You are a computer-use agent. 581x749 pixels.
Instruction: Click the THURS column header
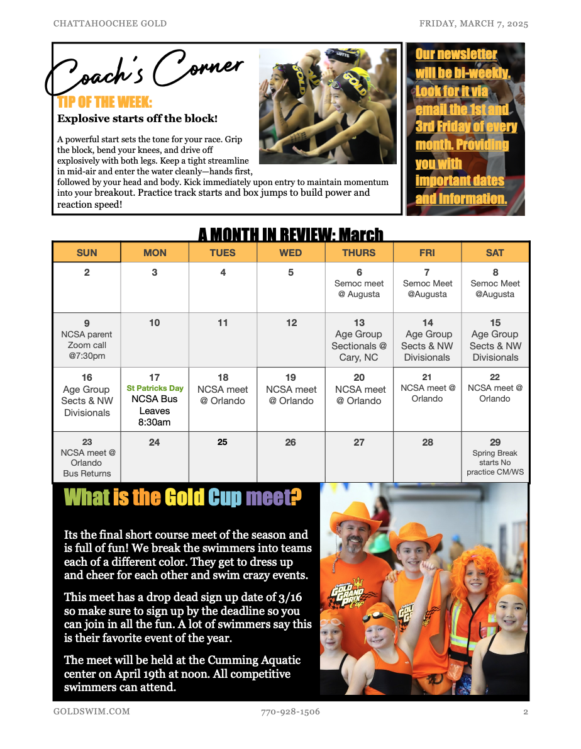[358, 252]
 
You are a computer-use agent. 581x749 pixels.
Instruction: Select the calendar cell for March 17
[155, 400]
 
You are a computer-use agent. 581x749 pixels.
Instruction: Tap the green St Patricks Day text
[155, 388]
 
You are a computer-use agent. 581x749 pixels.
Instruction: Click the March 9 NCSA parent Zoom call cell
[87, 340]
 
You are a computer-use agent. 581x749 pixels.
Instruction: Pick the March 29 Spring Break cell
[495, 457]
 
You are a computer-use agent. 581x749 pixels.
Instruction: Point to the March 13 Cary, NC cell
[359, 340]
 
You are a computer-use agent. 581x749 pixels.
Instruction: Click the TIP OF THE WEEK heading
[104, 103]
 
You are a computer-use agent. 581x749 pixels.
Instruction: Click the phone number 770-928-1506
[290, 712]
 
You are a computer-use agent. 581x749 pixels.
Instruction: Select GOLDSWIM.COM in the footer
[92, 712]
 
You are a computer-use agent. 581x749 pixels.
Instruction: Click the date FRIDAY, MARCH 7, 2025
[473, 24]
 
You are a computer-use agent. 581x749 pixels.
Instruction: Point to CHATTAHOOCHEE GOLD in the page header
[110, 24]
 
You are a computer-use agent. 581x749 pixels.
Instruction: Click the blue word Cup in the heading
[224, 498]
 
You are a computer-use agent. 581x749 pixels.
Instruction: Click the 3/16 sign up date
[289, 597]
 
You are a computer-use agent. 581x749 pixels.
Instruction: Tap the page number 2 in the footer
[526, 712]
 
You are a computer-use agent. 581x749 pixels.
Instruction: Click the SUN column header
[87, 252]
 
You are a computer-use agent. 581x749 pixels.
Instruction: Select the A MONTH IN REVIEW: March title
[290, 235]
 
